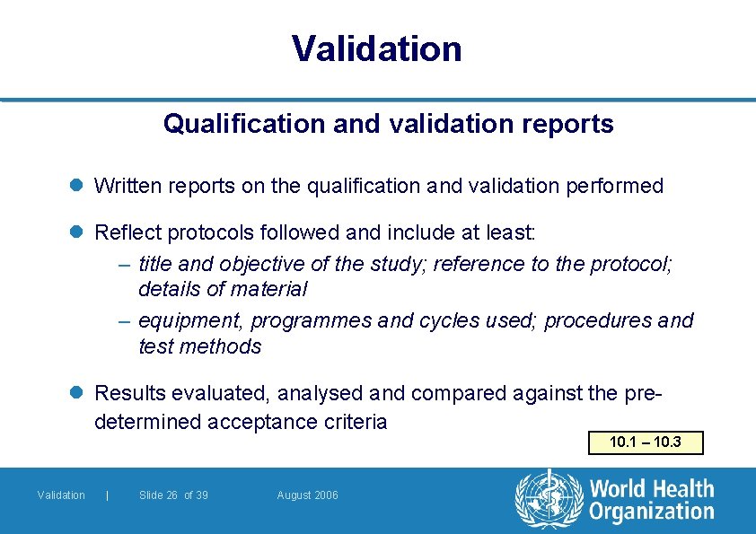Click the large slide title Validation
pos(377,48)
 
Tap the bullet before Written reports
pos(77,187)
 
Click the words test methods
pos(199,346)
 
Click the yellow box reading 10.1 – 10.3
pos(645,442)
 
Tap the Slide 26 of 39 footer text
pos(173,495)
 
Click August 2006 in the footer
pos(308,495)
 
